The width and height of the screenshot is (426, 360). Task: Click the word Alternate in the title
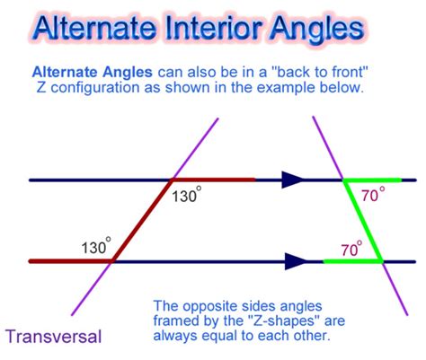click(94, 28)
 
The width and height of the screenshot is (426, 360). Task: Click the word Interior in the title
click(213, 28)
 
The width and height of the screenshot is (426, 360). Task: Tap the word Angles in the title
click(317, 30)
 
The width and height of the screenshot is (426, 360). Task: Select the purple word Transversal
click(54, 336)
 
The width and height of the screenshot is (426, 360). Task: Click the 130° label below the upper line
click(186, 195)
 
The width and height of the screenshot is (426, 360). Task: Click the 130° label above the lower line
click(96, 246)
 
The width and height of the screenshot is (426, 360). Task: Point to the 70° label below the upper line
click(373, 194)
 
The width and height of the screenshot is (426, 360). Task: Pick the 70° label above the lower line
click(351, 249)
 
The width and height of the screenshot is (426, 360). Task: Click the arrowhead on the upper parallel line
click(292, 180)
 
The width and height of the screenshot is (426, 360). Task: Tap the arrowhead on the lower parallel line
click(296, 261)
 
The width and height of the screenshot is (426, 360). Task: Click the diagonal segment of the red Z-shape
click(142, 221)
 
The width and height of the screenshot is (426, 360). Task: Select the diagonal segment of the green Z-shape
click(363, 221)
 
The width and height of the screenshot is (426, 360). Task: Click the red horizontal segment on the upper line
click(213, 180)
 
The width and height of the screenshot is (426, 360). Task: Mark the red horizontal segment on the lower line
click(71, 261)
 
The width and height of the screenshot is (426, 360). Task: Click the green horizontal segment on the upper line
click(372, 180)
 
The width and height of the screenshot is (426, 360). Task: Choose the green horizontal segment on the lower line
click(353, 261)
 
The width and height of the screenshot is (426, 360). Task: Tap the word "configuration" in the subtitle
click(94, 89)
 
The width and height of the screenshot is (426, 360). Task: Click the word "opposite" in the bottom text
click(209, 307)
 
